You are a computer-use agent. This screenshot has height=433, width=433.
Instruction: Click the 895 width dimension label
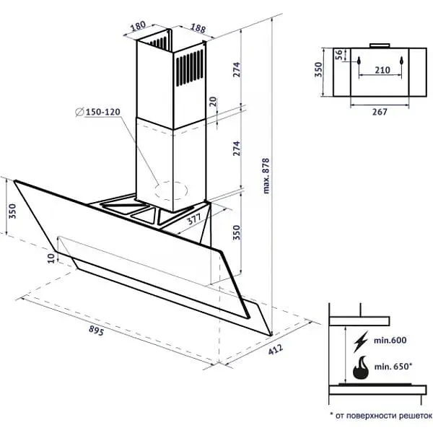click(x=97, y=331)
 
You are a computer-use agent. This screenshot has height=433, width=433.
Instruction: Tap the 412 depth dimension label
click(x=276, y=349)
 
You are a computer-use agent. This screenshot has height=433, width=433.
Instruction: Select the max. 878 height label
click(x=266, y=176)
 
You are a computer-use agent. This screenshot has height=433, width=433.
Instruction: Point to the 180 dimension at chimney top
click(x=138, y=26)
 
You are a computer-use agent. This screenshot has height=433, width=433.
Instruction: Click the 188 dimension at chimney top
click(x=198, y=28)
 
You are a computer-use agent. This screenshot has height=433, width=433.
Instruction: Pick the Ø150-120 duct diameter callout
click(x=98, y=112)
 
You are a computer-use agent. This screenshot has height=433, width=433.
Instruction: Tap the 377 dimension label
click(x=194, y=219)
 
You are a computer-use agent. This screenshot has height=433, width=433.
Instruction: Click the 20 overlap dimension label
click(x=214, y=102)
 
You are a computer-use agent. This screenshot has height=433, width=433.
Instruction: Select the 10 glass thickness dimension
click(x=51, y=258)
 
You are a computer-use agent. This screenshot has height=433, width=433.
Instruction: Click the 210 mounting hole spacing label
click(x=382, y=70)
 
